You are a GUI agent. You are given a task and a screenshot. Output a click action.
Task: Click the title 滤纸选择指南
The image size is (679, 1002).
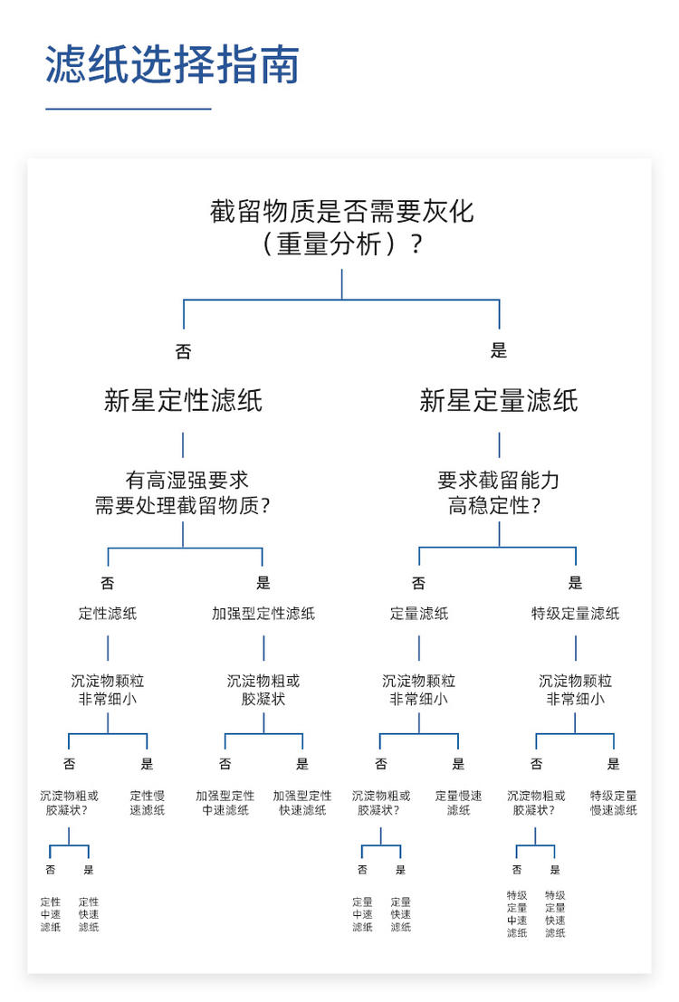[x=173, y=64]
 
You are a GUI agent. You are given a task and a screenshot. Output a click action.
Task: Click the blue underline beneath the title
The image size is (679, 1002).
[x=128, y=109]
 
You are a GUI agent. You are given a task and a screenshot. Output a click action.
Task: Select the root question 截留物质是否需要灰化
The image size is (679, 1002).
[x=342, y=227]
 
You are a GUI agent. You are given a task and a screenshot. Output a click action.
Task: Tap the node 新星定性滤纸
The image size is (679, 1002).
[x=184, y=401]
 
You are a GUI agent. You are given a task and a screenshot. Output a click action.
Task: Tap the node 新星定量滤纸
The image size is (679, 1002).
[x=499, y=401]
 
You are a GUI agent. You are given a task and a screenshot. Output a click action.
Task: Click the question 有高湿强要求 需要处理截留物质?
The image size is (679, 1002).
[x=183, y=492]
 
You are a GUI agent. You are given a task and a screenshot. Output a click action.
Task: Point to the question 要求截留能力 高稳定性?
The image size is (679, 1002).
[x=498, y=492]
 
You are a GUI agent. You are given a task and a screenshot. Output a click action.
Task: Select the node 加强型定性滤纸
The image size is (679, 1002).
[x=263, y=614]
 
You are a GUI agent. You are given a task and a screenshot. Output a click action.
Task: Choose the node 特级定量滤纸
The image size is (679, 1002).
[x=576, y=614]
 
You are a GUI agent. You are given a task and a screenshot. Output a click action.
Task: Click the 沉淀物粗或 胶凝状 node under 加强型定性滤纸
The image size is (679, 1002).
[x=263, y=690]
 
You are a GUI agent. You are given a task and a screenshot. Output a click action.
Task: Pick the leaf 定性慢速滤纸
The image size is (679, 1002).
[x=147, y=803]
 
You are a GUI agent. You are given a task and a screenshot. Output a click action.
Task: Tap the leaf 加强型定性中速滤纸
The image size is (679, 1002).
[x=225, y=803]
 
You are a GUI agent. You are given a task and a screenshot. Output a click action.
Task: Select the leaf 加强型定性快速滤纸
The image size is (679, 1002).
[x=302, y=803]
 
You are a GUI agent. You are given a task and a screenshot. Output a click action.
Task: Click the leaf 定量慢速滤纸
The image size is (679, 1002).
[x=458, y=803]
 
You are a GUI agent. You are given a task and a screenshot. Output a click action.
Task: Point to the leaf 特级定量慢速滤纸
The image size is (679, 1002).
[x=614, y=803]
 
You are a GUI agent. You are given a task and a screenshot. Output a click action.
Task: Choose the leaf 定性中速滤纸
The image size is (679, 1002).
[x=51, y=914]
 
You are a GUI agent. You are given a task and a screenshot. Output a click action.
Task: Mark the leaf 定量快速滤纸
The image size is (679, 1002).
[x=401, y=914]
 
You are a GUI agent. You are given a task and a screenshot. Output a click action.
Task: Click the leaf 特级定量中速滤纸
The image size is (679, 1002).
[x=517, y=914]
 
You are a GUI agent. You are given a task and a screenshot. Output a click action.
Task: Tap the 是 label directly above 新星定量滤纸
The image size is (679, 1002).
[x=499, y=350]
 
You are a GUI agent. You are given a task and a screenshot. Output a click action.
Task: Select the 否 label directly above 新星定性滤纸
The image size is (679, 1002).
[x=184, y=351]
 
